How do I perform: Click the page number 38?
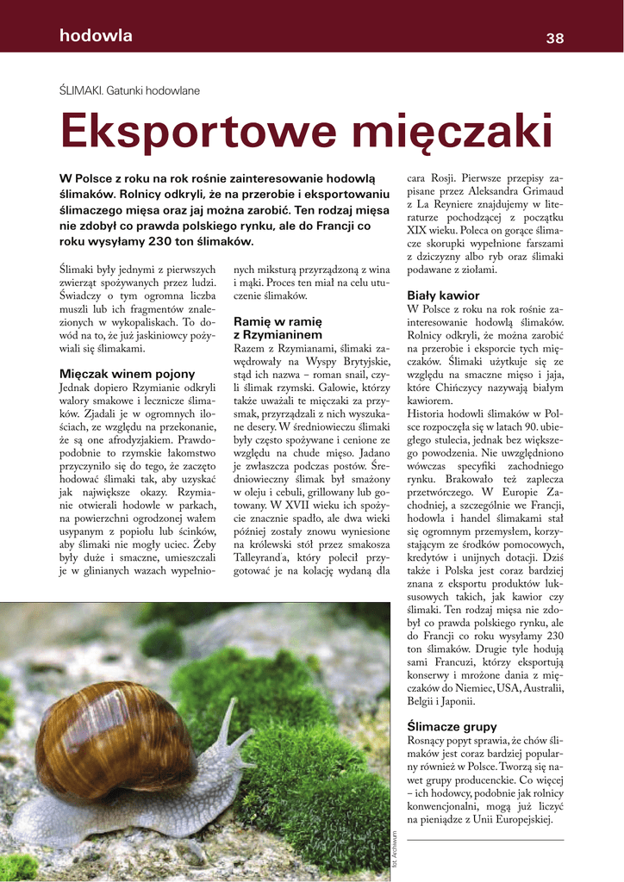point(554,38)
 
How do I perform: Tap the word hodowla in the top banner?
point(96,36)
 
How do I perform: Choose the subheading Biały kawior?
point(443,295)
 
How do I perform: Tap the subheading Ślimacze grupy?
point(452,726)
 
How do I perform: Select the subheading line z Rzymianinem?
point(278,334)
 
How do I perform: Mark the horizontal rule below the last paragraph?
point(485,840)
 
